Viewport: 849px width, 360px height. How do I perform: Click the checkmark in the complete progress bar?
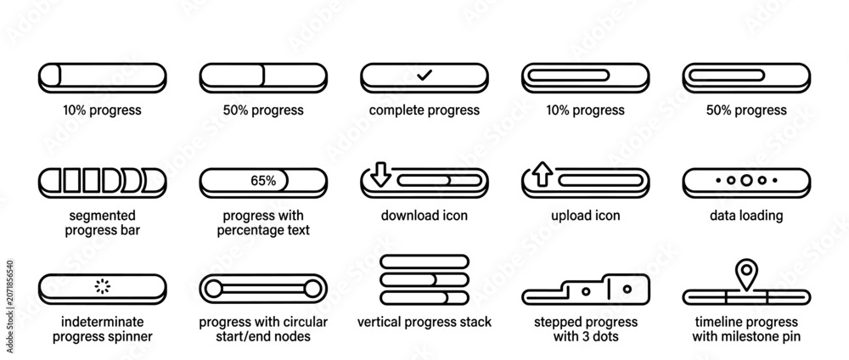click(424, 76)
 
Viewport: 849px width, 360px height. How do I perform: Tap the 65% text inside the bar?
click(263, 181)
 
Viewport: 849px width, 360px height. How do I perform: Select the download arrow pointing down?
click(380, 174)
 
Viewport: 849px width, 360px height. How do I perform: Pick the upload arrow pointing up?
click(542, 174)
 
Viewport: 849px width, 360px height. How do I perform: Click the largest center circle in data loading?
click(746, 180)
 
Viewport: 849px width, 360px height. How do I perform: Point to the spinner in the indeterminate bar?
click(103, 286)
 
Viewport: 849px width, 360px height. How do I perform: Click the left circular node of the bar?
click(213, 289)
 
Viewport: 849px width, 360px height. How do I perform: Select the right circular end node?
click(312, 289)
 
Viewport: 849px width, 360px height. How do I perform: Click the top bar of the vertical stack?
click(424, 262)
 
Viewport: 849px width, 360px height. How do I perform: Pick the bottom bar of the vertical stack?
click(424, 298)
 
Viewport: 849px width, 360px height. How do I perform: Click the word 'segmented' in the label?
click(103, 216)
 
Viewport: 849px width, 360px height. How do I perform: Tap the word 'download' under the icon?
click(406, 216)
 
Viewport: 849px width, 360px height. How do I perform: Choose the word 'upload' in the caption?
click(570, 216)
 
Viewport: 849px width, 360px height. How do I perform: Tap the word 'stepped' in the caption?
click(557, 323)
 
